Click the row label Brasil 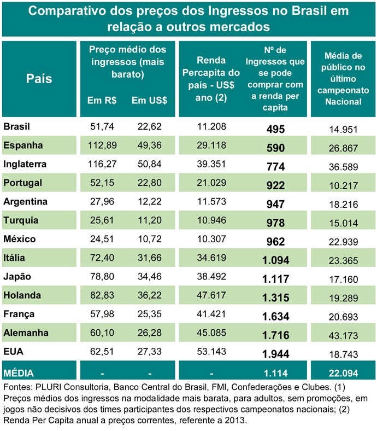(x=16, y=127)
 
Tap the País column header (x=39, y=79)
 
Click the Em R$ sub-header (x=101, y=101)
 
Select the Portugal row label (x=22, y=182)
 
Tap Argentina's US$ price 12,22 (x=149, y=201)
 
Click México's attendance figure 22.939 (x=343, y=239)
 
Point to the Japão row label (x=18, y=276)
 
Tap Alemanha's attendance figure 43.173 (x=343, y=333)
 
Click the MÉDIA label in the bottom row (x=20, y=372)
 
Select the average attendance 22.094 (x=343, y=372)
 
